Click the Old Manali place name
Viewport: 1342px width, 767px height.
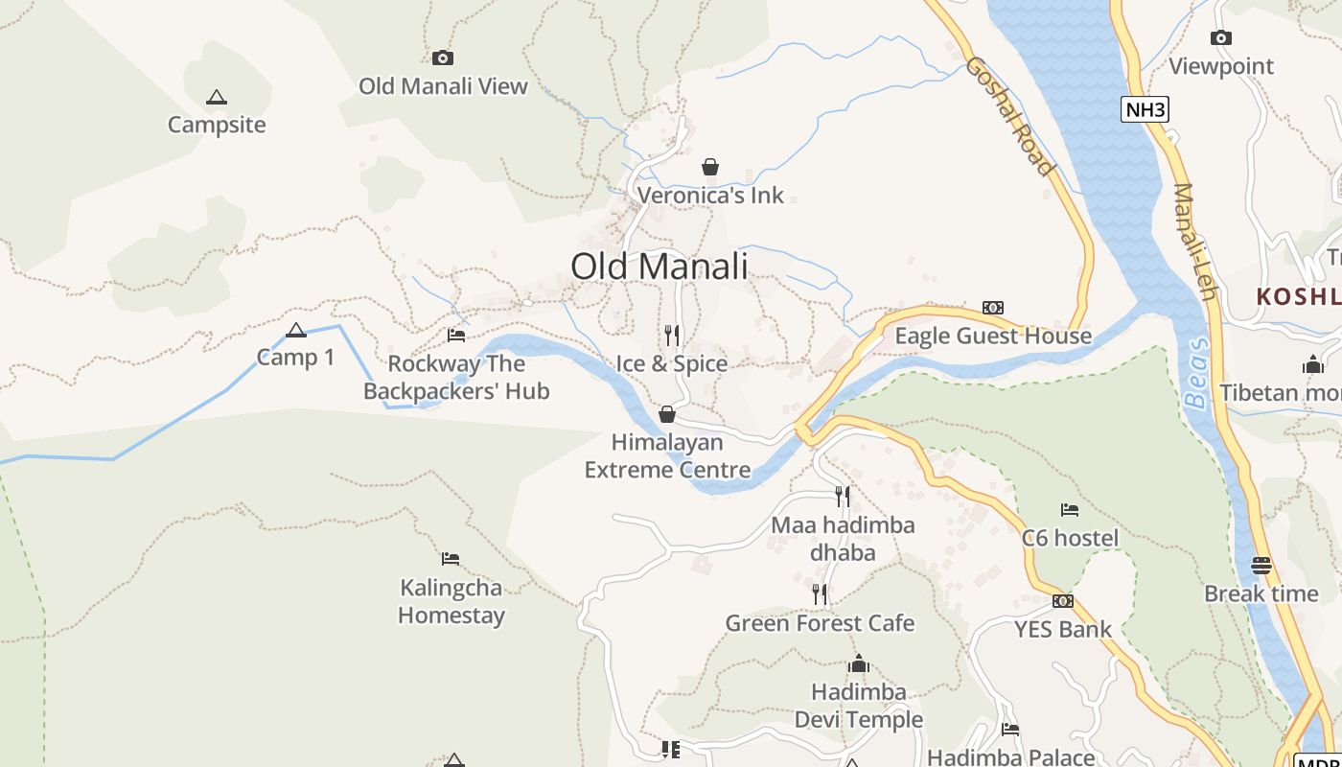pos(659,266)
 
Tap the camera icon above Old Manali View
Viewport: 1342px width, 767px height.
pos(442,58)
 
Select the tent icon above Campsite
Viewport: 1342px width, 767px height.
pos(217,97)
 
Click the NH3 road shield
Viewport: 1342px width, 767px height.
pos(1145,109)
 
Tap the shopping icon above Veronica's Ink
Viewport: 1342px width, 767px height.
pos(710,168)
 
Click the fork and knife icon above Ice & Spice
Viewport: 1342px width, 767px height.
pos(672,335)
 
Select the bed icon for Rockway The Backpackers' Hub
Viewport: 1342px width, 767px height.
pos(456,336)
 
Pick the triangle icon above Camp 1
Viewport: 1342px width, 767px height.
pos(296,331)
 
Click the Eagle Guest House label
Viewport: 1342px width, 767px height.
pos(993,336)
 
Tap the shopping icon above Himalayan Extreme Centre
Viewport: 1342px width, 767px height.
pos(667,414)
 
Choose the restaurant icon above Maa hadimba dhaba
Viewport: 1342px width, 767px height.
pos(843,496)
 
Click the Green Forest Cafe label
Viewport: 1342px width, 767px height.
pos(820,623)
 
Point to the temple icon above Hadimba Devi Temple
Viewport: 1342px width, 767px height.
pos(859,663)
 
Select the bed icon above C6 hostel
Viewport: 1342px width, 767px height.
pos(1070,509)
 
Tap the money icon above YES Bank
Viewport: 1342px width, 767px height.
pos(1062,601)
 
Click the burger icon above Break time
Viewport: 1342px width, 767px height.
pos(1261,565)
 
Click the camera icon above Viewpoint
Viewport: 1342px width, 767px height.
pos(1220,37)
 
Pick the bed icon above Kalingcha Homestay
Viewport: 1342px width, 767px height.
pos(451,558)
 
